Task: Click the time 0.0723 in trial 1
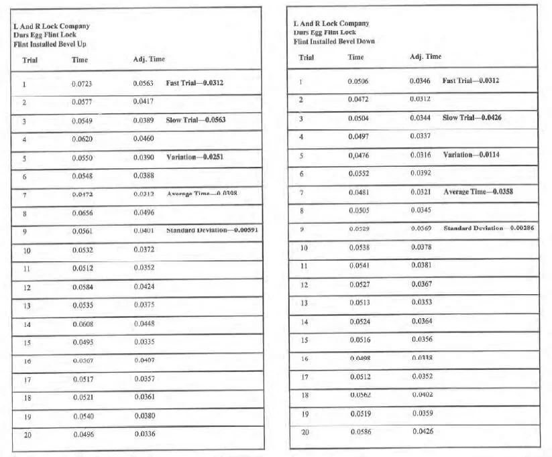[x=82, y=84]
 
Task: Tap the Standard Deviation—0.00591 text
[x=213, y=231]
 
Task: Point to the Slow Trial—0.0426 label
[x=472, y=117]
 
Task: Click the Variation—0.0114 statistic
[x=472, y=155]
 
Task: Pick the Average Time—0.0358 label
[x=478, y=192]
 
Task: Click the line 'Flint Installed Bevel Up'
[x=50, y=44]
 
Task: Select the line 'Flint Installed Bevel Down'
[x=334, y=42]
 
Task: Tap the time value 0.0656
[x=82, y=213]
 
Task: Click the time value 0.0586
[x=361, y=431]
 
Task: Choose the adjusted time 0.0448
[x=144, y=324]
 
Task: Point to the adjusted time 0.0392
[x=421, y=173]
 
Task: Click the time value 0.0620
[x=82, y=139]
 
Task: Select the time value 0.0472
[x=358, y=99]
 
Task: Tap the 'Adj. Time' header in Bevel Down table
[x=425, y=56]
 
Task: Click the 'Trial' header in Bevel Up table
[x=30, y=60]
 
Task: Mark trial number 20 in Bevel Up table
[x=27, y=434]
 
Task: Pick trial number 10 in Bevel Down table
[x=303, y=247]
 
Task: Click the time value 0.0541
[x=359, y=265]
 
